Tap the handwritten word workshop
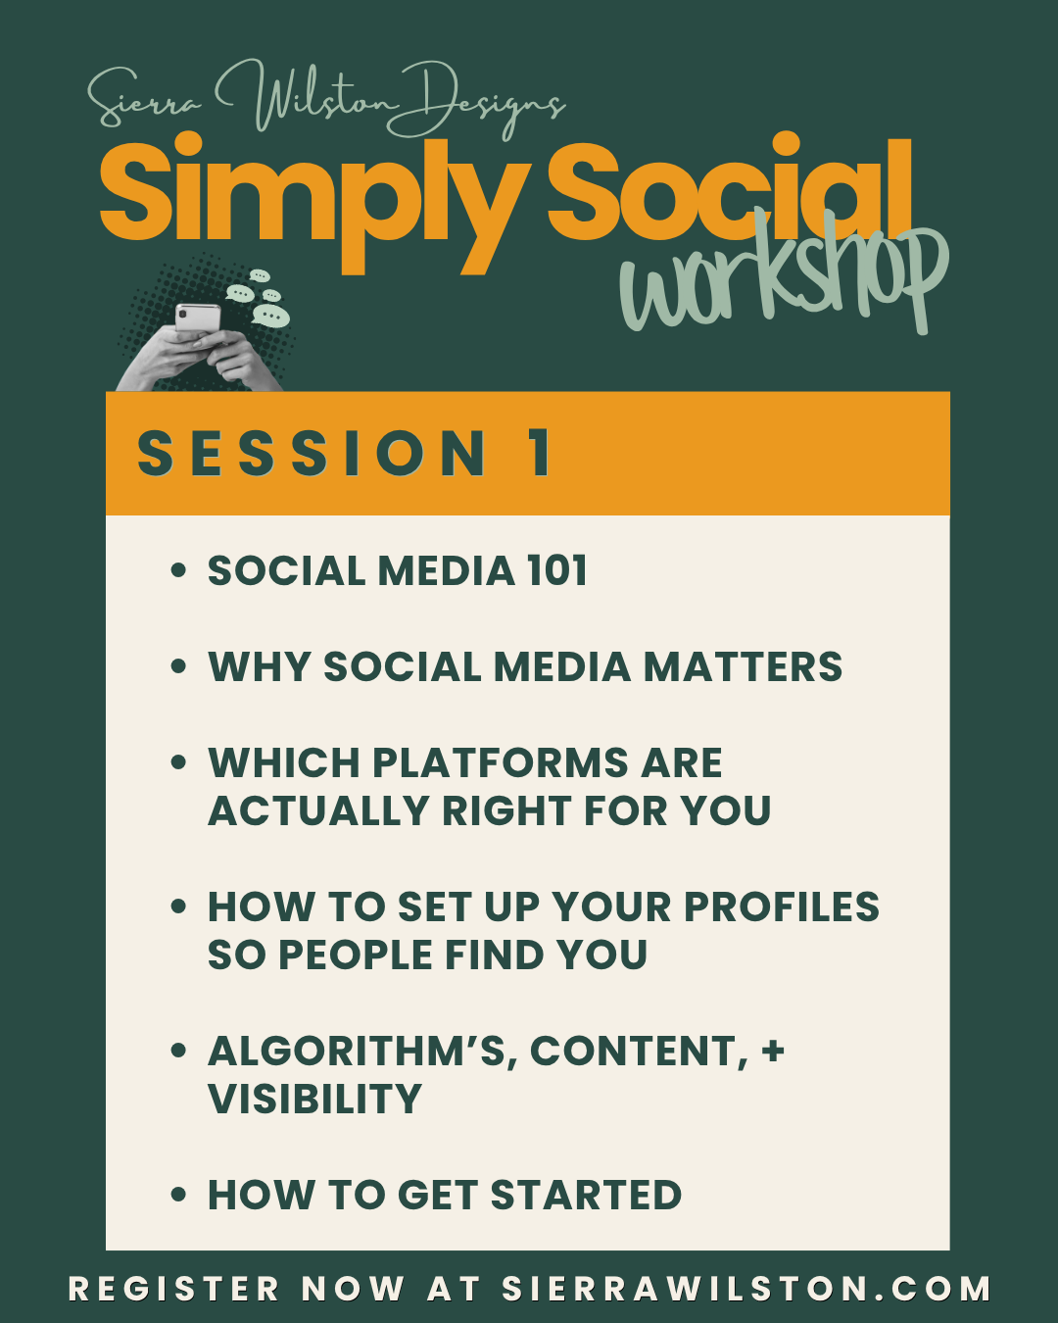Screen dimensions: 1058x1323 tap(784, 276)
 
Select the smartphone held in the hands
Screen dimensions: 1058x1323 tap(197, 318)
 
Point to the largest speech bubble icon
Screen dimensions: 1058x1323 tap(270, 316)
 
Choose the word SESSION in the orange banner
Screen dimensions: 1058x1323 tap(312, 453)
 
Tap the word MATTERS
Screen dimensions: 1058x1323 tap(743, 666)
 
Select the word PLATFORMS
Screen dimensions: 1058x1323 tap(501, 763)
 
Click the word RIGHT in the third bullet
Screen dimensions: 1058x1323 tap(506, 810)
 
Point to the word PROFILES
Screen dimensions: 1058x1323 tap(782, 906)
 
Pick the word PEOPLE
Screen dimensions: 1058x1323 tap(356, 955)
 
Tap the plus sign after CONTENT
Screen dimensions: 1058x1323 tap(773, 1050)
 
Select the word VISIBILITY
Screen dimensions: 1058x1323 tap(314, 1100)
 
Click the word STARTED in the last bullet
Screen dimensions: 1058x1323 tap(587, 1196)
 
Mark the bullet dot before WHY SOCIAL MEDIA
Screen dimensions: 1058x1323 tap(178, 666)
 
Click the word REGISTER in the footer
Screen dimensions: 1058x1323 tap(174, 1289)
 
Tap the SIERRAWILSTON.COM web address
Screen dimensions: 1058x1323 tap(746, 1289)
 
